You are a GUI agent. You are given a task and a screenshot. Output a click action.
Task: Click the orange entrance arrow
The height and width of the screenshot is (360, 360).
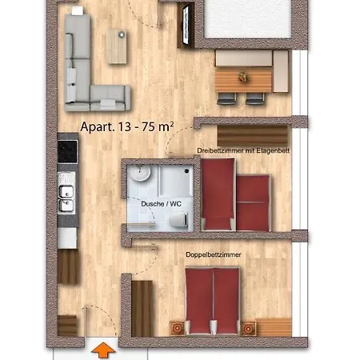pos(103,350)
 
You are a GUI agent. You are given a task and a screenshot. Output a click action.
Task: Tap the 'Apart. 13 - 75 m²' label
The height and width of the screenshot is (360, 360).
pos(127,126)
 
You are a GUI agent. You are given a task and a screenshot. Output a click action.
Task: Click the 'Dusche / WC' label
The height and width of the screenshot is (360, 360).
pos(161,204)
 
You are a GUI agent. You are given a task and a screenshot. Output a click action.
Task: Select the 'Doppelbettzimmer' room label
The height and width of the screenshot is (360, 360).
pos(214,254)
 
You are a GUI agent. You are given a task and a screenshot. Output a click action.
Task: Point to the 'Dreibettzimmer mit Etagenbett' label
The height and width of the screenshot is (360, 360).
pos(243,150)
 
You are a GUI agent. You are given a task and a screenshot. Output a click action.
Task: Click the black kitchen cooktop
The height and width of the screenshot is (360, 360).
pos(67,151)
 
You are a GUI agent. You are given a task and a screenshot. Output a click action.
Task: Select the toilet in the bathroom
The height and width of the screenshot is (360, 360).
pos(179,219)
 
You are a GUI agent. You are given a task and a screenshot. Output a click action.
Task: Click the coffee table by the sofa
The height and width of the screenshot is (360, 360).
pos(117,46)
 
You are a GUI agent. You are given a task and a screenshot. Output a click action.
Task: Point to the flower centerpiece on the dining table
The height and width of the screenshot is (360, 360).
pos(242,77)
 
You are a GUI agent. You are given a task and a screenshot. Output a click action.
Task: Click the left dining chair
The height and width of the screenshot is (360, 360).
pos(226,98)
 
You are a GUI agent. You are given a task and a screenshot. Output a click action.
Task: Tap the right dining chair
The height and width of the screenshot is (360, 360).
pos(255,98)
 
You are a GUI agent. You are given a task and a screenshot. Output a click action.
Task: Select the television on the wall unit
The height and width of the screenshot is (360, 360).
pos(186,25)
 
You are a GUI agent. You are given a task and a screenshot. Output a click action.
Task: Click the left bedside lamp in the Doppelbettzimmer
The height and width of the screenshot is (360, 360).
pos(178,328)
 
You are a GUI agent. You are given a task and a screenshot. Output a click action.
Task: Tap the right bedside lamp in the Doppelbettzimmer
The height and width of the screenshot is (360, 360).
pos(249,329)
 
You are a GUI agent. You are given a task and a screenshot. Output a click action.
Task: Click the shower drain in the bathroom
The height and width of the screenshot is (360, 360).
pos(186,171)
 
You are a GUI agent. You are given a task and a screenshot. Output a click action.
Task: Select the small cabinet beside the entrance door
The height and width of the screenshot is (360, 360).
pos(67,326)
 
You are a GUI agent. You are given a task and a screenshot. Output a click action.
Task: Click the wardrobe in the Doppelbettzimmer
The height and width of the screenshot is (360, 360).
pos(142,308)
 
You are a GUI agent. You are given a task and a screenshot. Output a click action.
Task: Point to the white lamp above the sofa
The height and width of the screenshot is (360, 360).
pos(78,10)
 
